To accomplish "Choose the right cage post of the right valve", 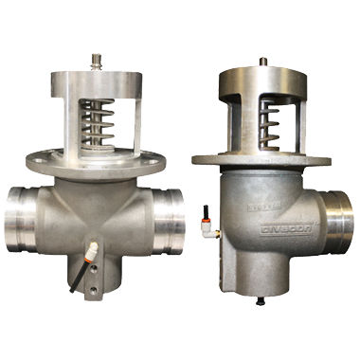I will pyautogui.click(x=306, y=118).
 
